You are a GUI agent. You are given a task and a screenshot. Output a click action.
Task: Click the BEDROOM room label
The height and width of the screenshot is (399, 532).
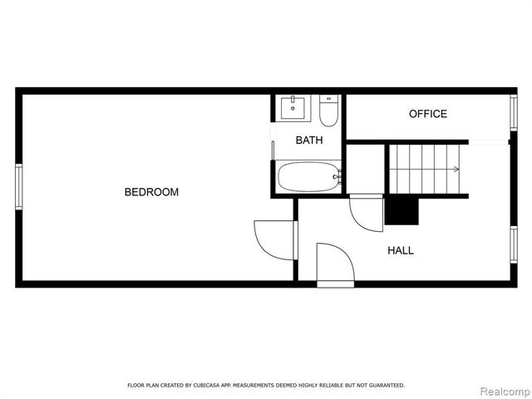151,192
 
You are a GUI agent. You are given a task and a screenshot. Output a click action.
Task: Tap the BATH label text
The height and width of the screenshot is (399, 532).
308,140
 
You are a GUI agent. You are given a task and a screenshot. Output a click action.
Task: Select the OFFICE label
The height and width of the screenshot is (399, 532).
427,114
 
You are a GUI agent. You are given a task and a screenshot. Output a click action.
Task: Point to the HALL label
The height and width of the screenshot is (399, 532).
400,250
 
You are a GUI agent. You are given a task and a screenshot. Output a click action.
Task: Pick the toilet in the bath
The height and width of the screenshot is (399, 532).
328,111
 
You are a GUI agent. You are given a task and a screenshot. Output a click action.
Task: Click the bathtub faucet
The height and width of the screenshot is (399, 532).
336,177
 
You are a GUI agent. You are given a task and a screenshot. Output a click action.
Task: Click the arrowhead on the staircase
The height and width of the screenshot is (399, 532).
456,170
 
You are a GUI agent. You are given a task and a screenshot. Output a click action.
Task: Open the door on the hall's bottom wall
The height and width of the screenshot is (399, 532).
334,264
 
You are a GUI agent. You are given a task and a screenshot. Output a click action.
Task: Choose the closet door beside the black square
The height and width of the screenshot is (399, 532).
365,213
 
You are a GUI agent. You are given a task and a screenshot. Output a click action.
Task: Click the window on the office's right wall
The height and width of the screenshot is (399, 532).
513,114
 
